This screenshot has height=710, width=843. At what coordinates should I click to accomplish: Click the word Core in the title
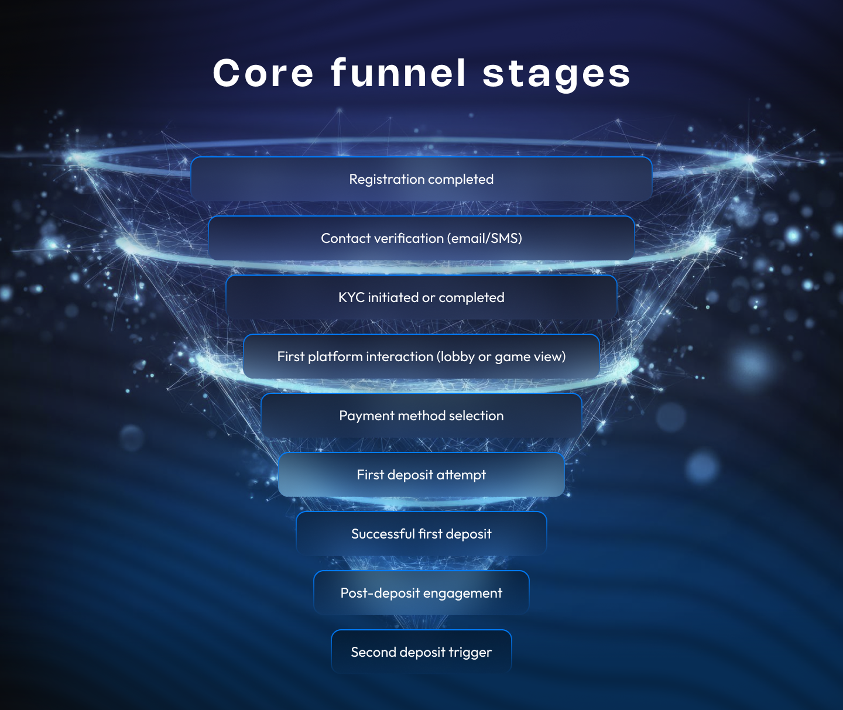click(263, 74)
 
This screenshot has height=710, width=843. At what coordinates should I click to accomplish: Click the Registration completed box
click(421, 179)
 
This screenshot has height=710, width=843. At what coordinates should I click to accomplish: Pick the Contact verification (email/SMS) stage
click(421, 238)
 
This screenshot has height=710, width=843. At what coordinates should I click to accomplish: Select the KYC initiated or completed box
click(421, 297)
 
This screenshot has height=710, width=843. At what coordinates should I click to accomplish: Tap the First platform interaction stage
click(421, 356)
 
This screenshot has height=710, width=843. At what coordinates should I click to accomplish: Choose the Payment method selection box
click(421, 416)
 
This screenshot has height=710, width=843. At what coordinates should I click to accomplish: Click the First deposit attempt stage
click(421, 475)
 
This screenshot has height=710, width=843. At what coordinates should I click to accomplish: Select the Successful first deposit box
click(421, 534)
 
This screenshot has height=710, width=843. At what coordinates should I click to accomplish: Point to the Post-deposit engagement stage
click(421, 593)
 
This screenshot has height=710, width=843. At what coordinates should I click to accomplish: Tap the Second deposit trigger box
click(421, 652)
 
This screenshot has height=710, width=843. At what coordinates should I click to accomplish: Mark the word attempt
click(461, 475)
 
